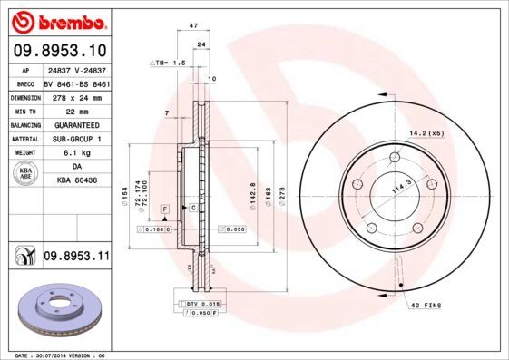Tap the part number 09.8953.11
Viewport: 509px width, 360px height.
pyautogui.click(x=75, y=258)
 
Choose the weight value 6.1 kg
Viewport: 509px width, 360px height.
pyautogui.click(x=73, y=152)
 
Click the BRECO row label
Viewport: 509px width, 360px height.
pyautogui.click(x=26, y=83)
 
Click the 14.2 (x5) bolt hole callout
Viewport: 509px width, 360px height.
pyautogui.click(x=425, y=133)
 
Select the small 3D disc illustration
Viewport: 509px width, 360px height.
pyautogui.click(x=59, y=311)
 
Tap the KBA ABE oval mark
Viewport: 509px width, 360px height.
pyautogui.click(x=27, y=173)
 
